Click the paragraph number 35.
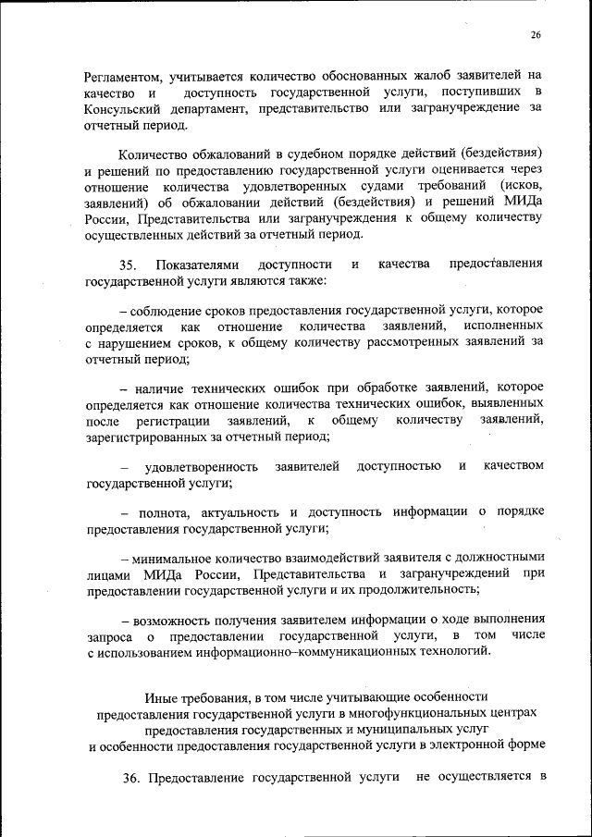pos(129,265)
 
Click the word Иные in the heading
pos(160,695)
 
